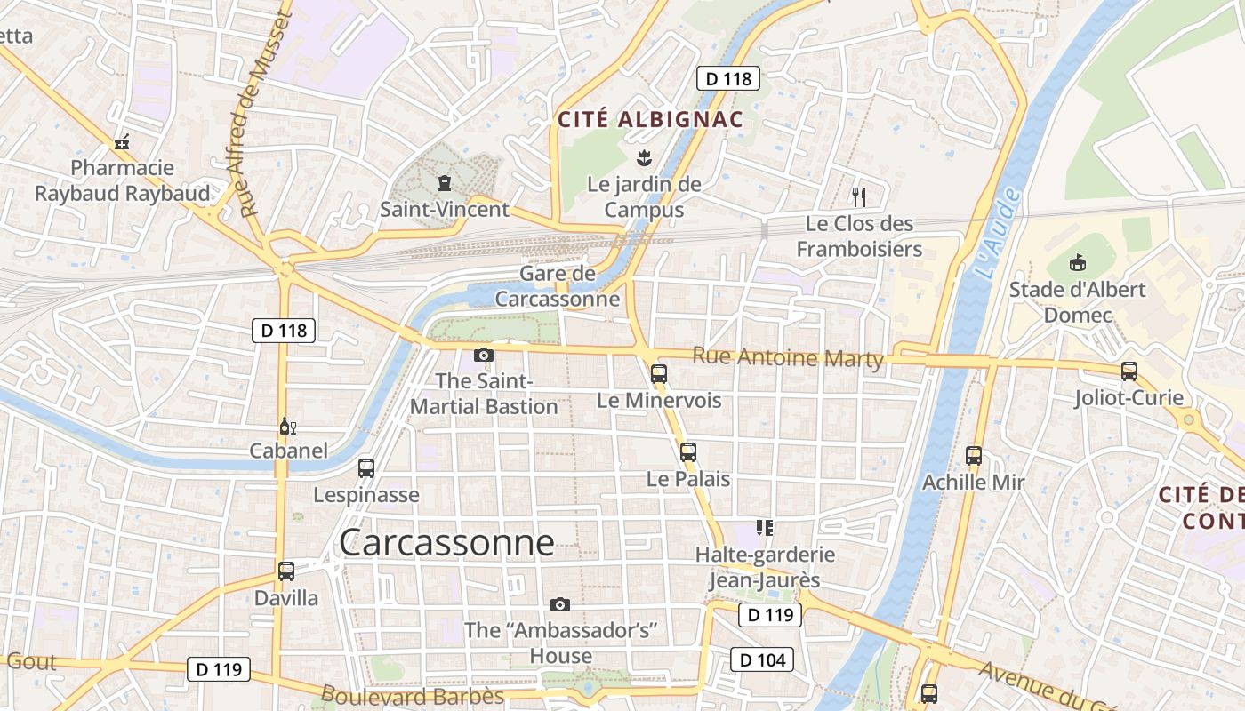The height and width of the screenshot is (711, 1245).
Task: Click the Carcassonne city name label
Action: click(x=446, y=542)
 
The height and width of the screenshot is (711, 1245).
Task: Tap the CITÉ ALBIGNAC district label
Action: click(x=650, y=119)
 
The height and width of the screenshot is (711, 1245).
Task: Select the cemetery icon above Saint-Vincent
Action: click(x=444, y=183)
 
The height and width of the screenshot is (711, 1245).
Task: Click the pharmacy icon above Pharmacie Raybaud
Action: click(x=122, y=141)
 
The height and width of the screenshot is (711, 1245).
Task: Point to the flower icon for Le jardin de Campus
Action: click(x=645, y=159)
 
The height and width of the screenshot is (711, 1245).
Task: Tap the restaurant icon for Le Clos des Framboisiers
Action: click(x=858, y=196)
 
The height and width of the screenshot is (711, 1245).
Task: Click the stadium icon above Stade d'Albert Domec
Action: click(x=1077, y=262)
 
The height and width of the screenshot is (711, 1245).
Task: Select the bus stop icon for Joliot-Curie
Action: click(x=1129, y=371)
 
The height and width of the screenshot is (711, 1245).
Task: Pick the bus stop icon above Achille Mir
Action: click(x=974, y=456)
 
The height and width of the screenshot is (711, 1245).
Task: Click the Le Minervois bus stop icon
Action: click(x=659, y=374)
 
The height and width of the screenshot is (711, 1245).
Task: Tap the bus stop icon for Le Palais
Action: click(x=688, y=451)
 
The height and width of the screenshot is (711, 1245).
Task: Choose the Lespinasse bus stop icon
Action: click(x=366, y=468)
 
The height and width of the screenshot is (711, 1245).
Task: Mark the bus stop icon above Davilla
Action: click(x=286, y=571)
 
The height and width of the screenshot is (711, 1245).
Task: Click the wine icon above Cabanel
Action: click(x=287, y=427)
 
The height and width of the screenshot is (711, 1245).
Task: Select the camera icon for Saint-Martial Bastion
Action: click(x=484, y=355)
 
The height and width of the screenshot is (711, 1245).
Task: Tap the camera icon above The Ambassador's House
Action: click(x=560, y=605)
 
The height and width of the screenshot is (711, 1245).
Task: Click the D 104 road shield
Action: click(x=762, y=659)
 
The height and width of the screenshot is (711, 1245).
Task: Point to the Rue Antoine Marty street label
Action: click(x=788, y=357)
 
